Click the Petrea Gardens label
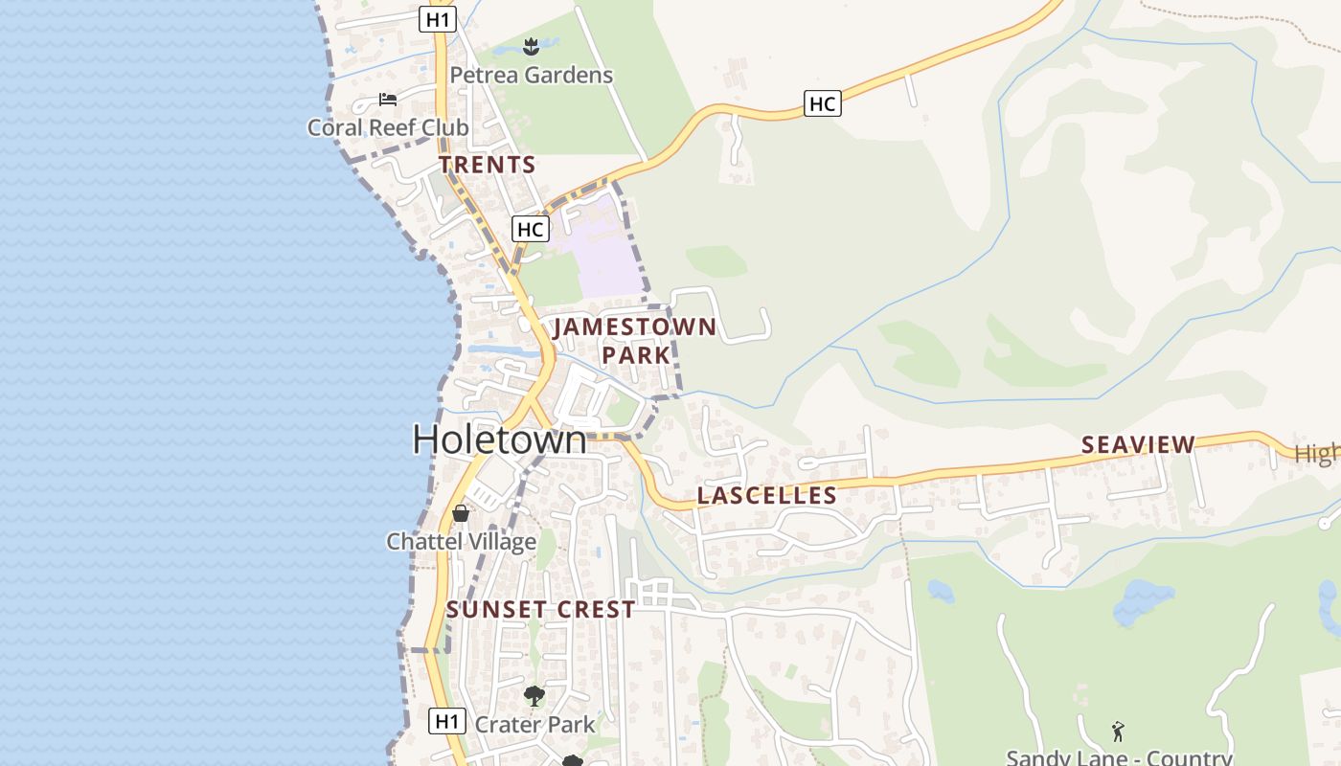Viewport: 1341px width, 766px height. coord(531,75)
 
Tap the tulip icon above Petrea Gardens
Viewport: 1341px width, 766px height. coord(531,45)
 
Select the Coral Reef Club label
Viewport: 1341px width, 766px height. coord(388,127)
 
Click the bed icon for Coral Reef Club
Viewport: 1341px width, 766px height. coord(387,100)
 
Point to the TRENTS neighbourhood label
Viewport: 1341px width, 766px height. coord(488,165)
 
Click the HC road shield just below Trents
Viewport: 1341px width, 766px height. coord(530,229)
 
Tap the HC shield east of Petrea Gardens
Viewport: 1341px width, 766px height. coord(823,103)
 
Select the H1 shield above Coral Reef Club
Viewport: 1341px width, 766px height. coord(438,18)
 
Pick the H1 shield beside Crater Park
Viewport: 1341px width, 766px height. coord(447,721)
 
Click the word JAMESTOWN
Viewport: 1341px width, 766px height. coord(635,327)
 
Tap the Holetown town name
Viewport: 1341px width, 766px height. coord(499,439)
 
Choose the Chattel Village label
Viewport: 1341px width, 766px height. coord(461,542)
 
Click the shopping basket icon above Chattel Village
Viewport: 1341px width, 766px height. coord(461,513)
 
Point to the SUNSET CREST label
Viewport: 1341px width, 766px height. coord(540,609)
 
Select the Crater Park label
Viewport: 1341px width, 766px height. coord(535,724)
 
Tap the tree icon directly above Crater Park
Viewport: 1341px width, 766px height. coord(534,696)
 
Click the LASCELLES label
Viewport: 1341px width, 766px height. coord(767,495)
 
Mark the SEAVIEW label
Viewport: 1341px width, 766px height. coord(1138,444)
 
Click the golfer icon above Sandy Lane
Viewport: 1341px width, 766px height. coord(1118,732)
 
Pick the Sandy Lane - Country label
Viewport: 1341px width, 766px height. coord(1119,757)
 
